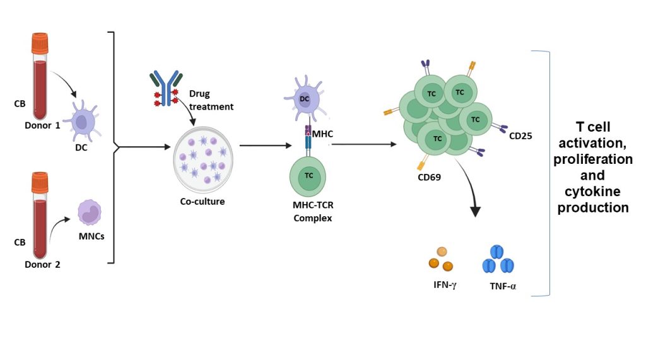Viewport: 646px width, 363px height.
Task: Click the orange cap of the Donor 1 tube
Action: coord(40,43)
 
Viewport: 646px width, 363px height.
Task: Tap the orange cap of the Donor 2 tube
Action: coord(40,183)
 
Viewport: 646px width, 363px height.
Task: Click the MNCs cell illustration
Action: coord(89,212)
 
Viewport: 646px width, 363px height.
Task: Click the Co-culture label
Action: coord(201,202)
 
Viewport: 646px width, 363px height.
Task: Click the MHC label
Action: coord(322,134)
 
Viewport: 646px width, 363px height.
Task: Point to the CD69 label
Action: coord(428,177)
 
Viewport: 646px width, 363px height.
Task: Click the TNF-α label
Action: coord(503,285)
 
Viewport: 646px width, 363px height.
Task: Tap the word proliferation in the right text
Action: coord(592,159)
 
